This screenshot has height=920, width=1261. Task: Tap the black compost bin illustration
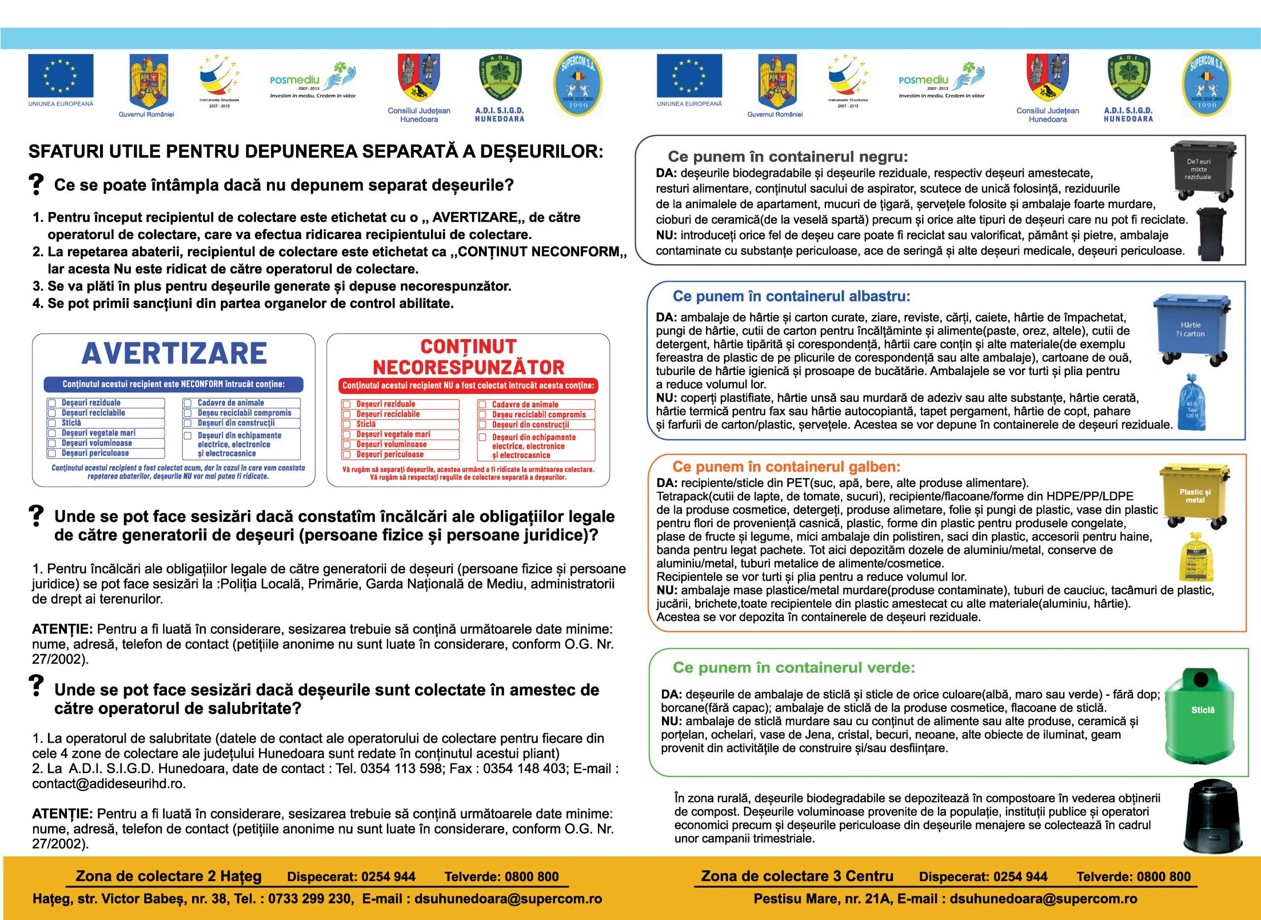(x=1205, y=821)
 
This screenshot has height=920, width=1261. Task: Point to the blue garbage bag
(x=1191, y=404)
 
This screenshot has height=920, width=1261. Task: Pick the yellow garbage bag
(x=1192, y=559)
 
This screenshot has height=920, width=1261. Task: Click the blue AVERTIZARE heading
(x=174, y=353)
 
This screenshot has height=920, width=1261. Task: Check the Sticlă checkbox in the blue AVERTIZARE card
(x=52, y=423)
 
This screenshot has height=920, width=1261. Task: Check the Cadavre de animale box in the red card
(x=483, y=404)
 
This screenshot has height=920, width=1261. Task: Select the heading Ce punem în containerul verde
(x=794, y=667)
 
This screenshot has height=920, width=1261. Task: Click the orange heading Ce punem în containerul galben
(x=786, y=467)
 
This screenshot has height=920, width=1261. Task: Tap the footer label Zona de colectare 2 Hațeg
(x=168, y=876)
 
